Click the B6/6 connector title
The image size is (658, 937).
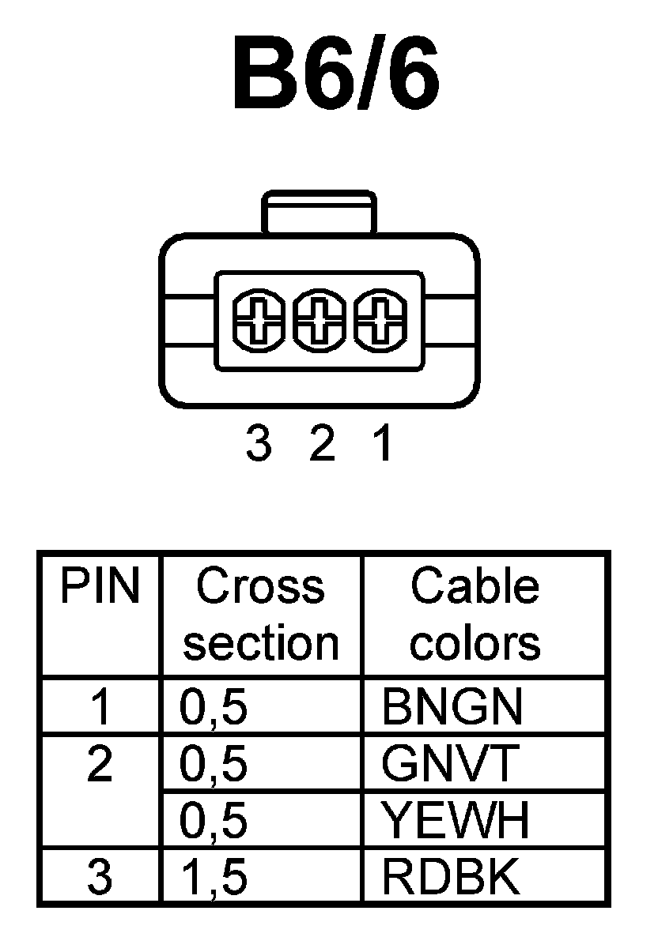[335, 73]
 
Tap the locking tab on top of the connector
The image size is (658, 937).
[320, 212]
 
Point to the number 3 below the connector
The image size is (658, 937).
[259, 446]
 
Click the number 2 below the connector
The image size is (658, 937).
[321, 446]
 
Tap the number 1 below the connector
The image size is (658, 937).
[383, 446]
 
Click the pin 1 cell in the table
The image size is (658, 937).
[100, 707]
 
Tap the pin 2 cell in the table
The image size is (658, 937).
[100, 765]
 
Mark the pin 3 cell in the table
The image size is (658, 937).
[100, 877]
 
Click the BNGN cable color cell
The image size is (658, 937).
[452, 707]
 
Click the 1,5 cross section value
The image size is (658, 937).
[214, 878]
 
